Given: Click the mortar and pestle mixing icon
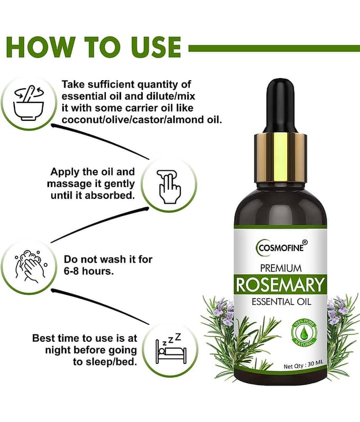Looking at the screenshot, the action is coord(28,103).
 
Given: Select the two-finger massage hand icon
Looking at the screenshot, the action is coord(169,186).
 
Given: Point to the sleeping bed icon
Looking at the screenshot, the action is coord(171,349).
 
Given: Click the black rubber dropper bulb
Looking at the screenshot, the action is coord(280,105).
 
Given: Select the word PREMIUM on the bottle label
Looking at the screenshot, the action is coord(281,268).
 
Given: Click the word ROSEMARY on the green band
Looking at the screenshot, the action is coord(280,285).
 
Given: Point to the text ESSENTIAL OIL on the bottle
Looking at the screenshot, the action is coord(281,302).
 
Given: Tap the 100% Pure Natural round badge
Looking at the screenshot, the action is coord(304,332).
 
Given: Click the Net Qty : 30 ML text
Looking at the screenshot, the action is coord(303,366).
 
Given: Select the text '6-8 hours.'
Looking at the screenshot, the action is coord(89,271).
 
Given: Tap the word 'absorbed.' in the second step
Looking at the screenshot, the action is coord(110,195).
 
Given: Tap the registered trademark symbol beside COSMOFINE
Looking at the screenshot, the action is coord(305,243).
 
